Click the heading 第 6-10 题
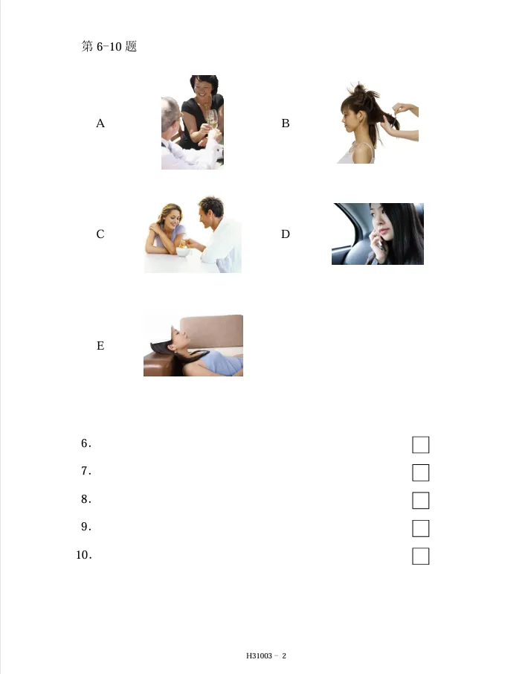coord(109,47)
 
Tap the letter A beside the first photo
coord(100,124)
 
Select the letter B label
coord(286,124)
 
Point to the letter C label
coord(100,234)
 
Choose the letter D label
coord(286,234)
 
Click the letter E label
coord(100,346)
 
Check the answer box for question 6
coord(421,445)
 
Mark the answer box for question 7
coord(421,473)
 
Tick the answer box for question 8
coord(421,501)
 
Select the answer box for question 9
coord(421,528)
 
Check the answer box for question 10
coord(421,556)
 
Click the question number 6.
coord(86,444)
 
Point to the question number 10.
coord(83,555)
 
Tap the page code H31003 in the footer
coord(260,656)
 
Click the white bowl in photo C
coord(181,250)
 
